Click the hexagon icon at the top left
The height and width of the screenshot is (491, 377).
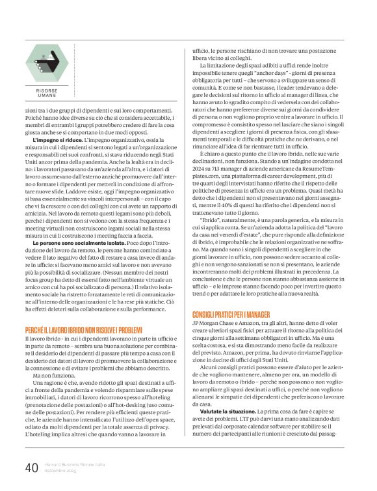click(47, 61)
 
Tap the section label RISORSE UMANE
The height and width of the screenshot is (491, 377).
click(46, 93)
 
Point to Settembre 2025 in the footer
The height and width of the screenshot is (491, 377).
click(62, 471)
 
